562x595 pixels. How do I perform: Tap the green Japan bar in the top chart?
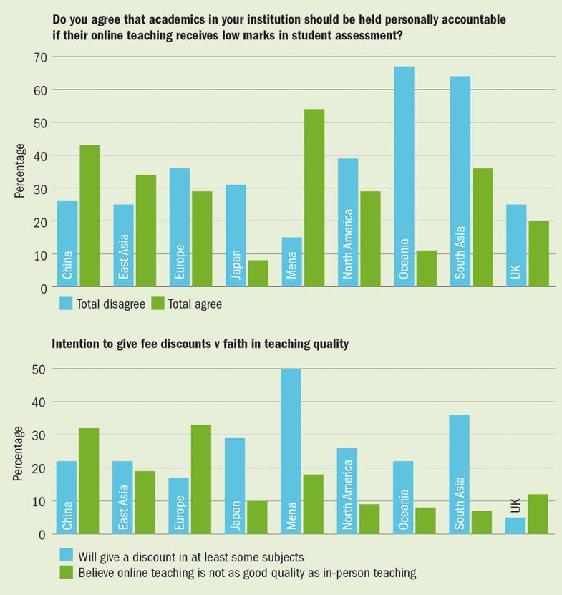(x=258, y=274)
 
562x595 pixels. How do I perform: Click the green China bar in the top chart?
(x=89, y=216)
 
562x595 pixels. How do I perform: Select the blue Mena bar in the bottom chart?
(x=291, y=451)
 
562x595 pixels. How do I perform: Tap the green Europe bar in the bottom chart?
(x=201, y=479)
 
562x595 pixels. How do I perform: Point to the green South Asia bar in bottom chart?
(x=482, y=522)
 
